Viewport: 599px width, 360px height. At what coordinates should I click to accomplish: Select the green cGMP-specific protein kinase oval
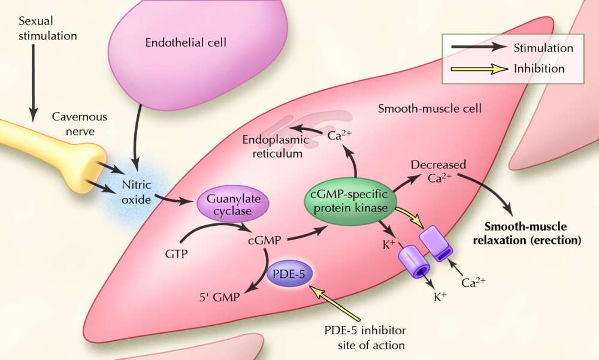point(349,202)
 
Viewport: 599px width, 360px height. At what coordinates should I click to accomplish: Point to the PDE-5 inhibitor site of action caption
point(364,338)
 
